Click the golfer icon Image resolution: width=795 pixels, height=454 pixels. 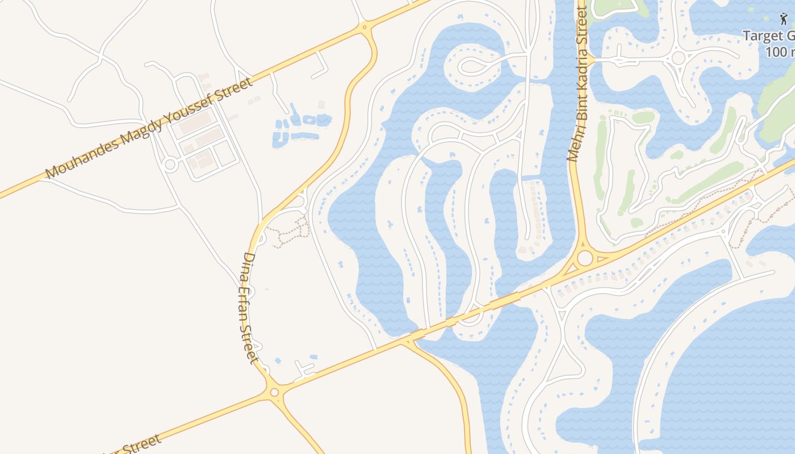click(x=784, y=19)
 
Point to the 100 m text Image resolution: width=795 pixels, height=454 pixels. click(x=780, y=52)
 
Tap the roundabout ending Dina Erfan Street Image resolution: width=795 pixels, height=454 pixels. click(x=274, y=392)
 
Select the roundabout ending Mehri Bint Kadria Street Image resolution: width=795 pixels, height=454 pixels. click(x=584, y=259)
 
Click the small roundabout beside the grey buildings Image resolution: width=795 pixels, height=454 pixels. click(x=169, y=165)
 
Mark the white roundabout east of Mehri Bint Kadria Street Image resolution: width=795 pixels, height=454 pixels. click(x=678, y=58)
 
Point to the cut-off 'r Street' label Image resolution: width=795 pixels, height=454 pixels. click(x=136, y=445)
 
